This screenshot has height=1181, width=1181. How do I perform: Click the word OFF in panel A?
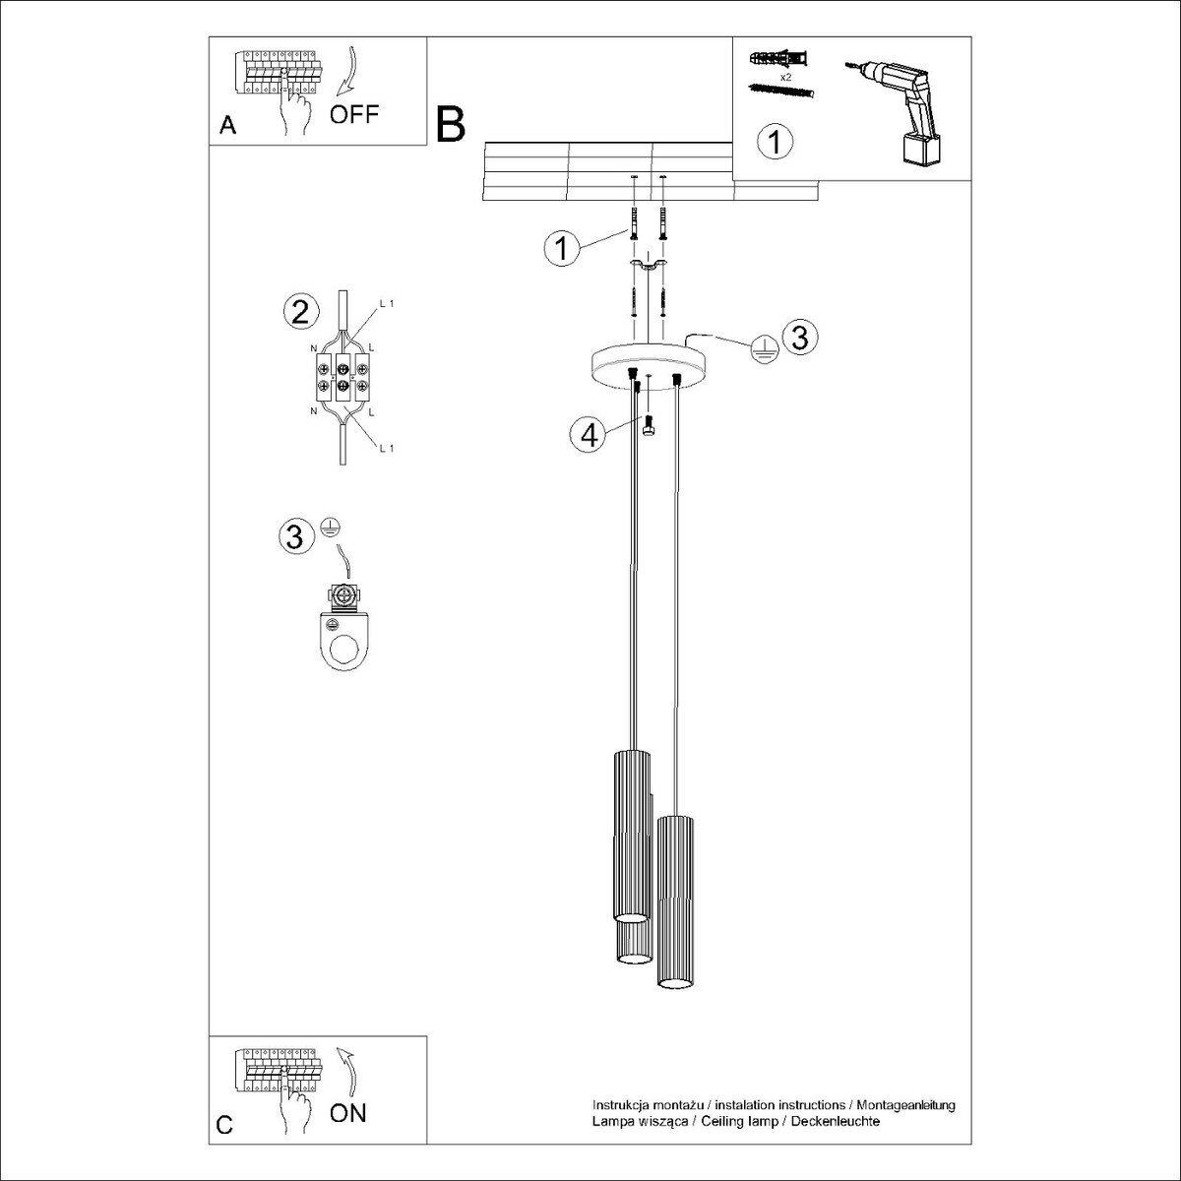(x=353, y=114)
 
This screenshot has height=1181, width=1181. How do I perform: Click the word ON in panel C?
(x=347, y=1113)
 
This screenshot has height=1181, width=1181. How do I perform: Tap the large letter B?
(x=451, y=125)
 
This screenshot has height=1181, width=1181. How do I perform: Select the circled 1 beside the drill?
(x=775, y=142)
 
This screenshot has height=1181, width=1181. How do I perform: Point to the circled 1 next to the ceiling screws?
(x=562, y=248)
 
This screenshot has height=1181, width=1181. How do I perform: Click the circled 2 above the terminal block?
(x=300, y=312)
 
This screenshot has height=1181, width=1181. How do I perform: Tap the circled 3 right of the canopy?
(x=799, y=337)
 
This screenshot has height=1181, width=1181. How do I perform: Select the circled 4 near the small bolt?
(x=588, y=434)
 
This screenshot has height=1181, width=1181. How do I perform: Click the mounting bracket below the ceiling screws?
(x=648, y=266)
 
